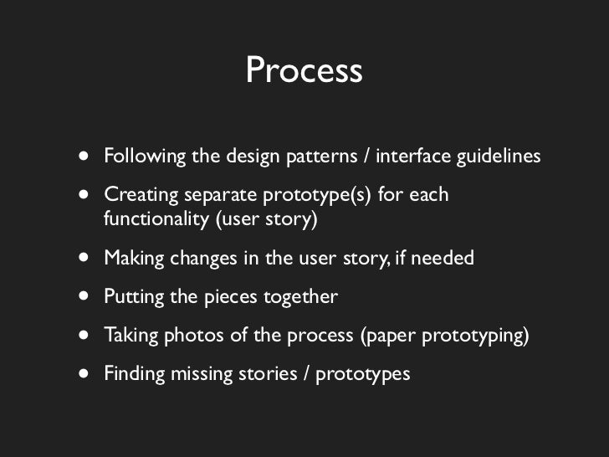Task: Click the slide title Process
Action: [304, 71]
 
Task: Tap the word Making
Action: [132, 258]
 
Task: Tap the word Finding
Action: [132, 373]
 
